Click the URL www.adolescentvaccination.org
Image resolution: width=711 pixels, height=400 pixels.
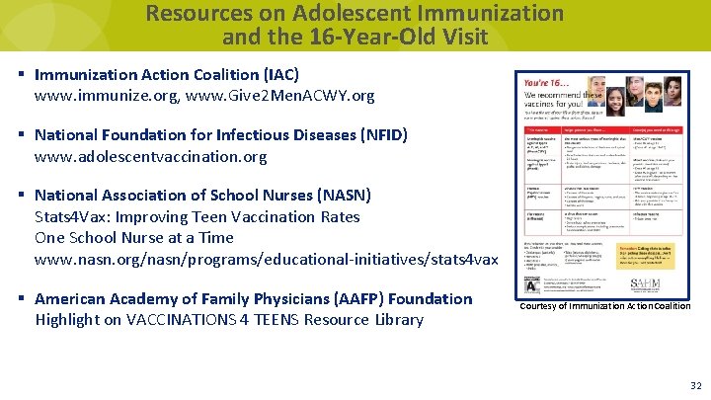pos(150,156)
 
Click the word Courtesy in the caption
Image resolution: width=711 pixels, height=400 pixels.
pos(542,306)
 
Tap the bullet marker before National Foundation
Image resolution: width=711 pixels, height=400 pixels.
pos(21,135)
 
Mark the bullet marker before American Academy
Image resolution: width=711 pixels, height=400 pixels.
pos(21,298)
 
